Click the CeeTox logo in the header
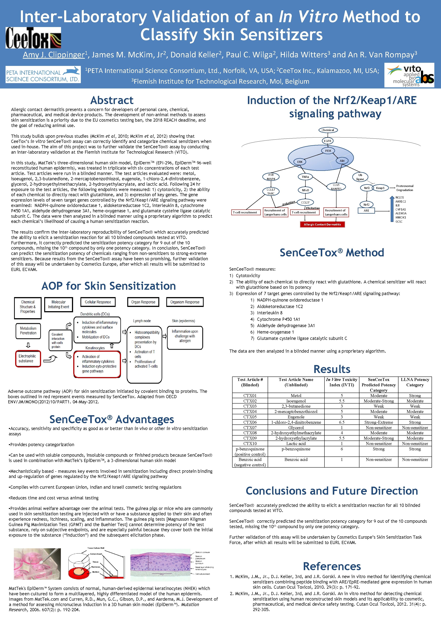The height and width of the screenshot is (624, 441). click(33, 38)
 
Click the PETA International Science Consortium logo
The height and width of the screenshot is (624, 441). click(43, 74)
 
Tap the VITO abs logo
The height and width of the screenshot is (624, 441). click(409, 75)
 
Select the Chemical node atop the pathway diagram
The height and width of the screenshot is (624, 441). click(328, 130)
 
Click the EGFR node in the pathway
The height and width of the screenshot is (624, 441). click(327, 141)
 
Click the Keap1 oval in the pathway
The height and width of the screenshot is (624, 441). click(380, 188)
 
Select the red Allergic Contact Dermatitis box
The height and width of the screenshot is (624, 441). click(322, 225)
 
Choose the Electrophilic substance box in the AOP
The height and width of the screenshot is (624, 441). click(28, 359)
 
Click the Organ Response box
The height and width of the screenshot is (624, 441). click(143, 302)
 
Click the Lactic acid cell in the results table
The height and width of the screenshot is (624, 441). click(296, 444)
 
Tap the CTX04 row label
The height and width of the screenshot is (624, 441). click(250, 411)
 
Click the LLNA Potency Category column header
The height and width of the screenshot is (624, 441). click(415, 382)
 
